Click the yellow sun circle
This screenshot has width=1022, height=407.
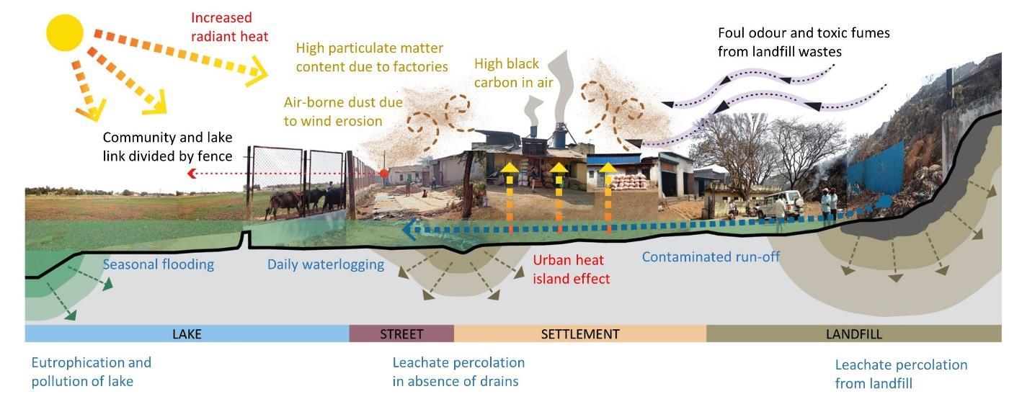pyautogui.click(x=66, y=32)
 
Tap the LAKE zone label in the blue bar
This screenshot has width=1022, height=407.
pyautogui.click(x=187, y=334)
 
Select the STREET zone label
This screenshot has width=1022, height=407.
pyautogui.click(x=401, y=334)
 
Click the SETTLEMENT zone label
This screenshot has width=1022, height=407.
pyautogui.click(x=579, y=334)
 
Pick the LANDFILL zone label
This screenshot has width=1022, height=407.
pyautogui.click(x=853, y=334)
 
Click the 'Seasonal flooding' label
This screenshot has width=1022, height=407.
pyautogui.click(x=158, y=264)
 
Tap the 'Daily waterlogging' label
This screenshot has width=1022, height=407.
pyautogui.click(x=325, y=264)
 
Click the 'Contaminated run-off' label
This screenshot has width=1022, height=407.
pyautogui.click(x=711, y=256)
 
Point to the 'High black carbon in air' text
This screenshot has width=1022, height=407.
pyautogui.click(x=513, y=73)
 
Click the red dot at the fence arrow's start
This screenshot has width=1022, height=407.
pyautogui.click(x=383, y=174)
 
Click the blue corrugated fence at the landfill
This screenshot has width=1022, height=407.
pyautogui.click(x=875, y=172)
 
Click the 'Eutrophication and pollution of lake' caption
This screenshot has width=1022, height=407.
pyautogui.click(x=92, y=372)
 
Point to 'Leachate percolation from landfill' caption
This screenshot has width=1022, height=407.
pyautogui.click(x=901, y=374)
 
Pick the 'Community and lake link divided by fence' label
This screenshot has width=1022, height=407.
pyautogui.click(x=167, y=146)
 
